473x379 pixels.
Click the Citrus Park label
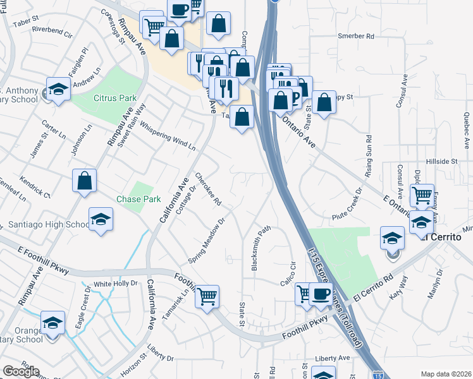coord(115,99)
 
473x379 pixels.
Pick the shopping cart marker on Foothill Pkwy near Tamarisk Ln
coord(207,296)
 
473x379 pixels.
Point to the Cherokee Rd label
coord(208,189)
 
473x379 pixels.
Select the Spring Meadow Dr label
coord(207,242)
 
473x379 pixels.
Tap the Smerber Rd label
coord(356,37)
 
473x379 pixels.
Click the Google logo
coord(21,371)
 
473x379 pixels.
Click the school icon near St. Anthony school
coord(58,88)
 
